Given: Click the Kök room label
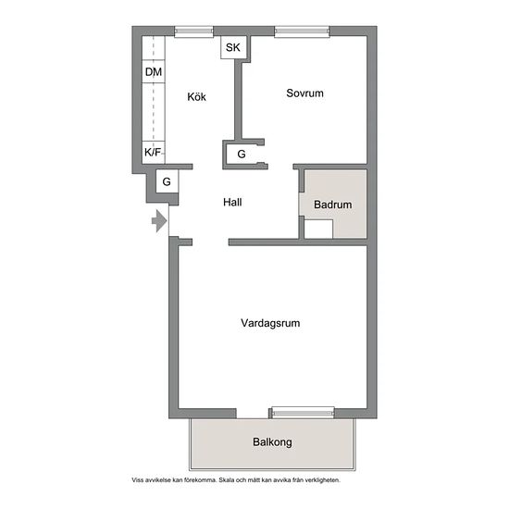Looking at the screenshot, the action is tap(196, 97).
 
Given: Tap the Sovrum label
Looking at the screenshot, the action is tap(304, 93).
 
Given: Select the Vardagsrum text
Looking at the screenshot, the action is tap(270, 323).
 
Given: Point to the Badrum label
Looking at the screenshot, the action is tap(333, 205).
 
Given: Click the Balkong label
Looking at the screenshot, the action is tap(272, 442).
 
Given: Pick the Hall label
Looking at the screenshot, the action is tap(232, 203).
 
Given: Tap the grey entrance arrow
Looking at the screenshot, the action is tap(159, 221).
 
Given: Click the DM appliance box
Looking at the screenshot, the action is tap(154, 72).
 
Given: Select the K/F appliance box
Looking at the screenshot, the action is tap(154, 153).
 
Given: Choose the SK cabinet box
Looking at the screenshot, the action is tap(233, 47).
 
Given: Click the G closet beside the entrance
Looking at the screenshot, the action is tap(167, 181).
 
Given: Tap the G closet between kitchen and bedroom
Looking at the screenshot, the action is tap(242, 155).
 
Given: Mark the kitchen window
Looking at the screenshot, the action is tap(193, 31).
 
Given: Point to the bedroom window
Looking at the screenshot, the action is tap(302, 31).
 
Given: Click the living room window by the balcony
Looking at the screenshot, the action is tap(303, 413).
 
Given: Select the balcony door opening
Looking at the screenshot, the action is tap(253, 414).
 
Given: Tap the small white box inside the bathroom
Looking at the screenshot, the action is tap(318, 230).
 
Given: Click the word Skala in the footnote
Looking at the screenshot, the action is tap(226, 479).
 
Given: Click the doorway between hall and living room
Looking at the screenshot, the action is tap(211, 242).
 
